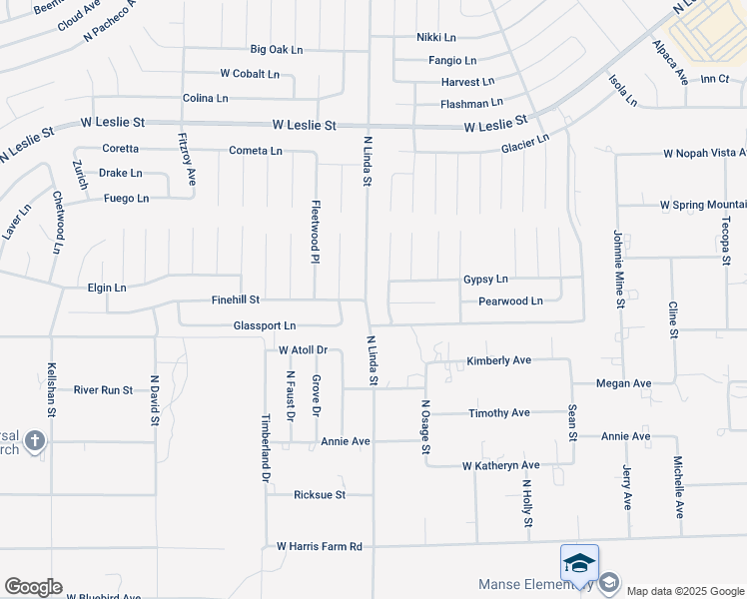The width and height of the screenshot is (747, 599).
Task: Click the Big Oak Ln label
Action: tap(276, 49)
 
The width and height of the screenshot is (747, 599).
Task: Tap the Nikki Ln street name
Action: tap(435, 37)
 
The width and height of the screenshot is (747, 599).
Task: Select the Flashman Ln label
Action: tap(471, 103)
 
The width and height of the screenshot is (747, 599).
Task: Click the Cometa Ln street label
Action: tap(256, 151)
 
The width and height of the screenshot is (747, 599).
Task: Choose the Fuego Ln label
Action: tap(126, 199)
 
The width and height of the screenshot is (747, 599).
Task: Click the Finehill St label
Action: tap(236, 299)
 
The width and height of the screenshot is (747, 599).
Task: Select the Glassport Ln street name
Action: tap(265, 325)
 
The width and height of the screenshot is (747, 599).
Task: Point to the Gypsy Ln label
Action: tap(485, 279)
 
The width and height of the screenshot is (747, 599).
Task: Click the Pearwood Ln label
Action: tap(510, 300)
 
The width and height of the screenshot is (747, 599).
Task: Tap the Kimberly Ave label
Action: tap(498, 360)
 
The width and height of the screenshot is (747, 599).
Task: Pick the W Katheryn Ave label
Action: tap(500, 465)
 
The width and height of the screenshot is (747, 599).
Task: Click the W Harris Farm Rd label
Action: tap(319, 546)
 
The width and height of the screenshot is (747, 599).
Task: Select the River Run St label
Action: tap(103, 389)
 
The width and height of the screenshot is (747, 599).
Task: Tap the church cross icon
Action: tap(34, 440)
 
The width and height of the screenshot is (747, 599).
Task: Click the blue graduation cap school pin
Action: tap(579, 564)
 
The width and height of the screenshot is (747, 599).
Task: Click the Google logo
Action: tap(33, 587)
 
